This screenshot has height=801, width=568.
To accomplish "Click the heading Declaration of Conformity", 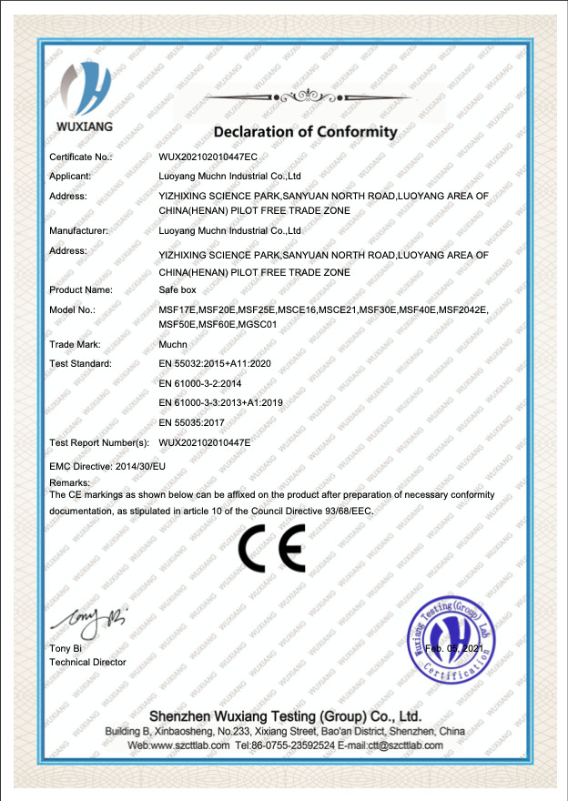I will [306, 131].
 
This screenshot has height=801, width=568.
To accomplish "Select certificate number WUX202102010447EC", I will [208, 157].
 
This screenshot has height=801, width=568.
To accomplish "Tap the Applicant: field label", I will [70, 176].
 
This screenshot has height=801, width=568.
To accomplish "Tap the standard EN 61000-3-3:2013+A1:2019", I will [221, 402].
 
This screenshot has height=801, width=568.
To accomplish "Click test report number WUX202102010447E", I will [205, 442].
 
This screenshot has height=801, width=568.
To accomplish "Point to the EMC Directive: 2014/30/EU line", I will [107, 466].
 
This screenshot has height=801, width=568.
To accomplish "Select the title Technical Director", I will [87, 662].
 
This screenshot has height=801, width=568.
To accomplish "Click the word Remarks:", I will [69, 482].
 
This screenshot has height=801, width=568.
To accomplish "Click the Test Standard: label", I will [80, 364].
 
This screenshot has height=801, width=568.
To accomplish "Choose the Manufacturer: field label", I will [78, 231].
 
